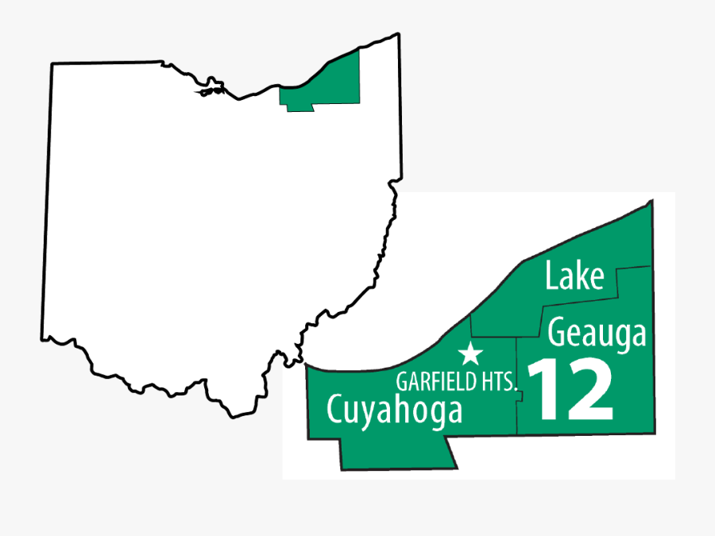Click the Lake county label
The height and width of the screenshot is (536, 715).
[x=574, y=276]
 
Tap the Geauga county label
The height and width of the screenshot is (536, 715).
[x=597, y=334]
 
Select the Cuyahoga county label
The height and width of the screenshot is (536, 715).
[x=394, y=411]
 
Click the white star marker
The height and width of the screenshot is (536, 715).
[x=472, y=354]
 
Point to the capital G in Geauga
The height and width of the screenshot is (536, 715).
[x=558, y=334]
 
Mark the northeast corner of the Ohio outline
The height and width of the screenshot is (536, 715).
[x=397, y=35]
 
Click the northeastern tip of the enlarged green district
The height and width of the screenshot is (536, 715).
[x=651, y=202]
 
